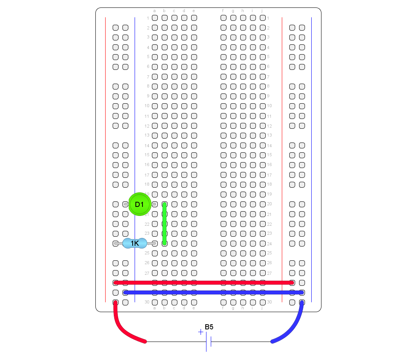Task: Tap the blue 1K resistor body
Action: pos(135,243)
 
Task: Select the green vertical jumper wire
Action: pos(164,224)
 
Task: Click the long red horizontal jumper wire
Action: pos(204,283)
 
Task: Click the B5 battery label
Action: pos(209,327)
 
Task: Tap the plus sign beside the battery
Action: pos(201,332)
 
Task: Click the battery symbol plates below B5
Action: pos(209,342)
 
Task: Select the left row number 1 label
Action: pos(148,18)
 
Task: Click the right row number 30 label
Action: pos(269,302)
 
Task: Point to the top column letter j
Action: pos(262,11)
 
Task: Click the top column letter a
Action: pos(154,11)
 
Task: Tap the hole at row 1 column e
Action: pos(194,18)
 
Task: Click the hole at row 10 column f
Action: pos(223,106)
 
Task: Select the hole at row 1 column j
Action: pos(263,18)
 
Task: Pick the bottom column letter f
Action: pos(223,308)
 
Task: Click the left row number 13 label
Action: pos(147,135)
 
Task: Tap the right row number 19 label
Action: pos(269,194)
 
